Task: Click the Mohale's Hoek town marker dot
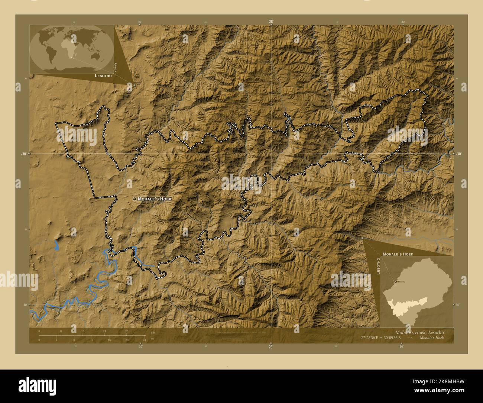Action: [x=134, y=199]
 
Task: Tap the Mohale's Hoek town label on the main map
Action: [x=155, y=199]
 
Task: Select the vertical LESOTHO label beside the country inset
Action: [x=378, y=266]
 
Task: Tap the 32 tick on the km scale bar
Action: [x=126, y=331]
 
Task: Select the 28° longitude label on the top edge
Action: [x=271, y=22]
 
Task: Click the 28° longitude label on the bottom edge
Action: [x=271, y=347]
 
